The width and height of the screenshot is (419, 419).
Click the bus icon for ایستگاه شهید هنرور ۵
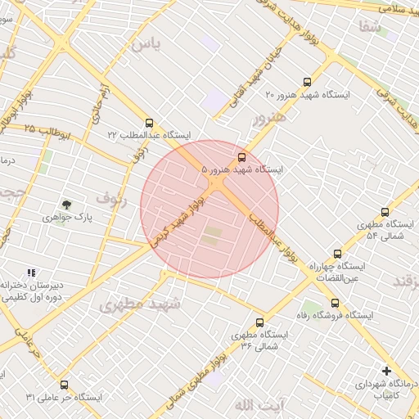(x=241, y=157)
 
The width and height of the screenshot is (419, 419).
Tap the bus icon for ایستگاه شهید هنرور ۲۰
(x=307, y=82)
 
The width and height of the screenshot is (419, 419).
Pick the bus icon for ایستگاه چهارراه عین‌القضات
(x=337, y=255)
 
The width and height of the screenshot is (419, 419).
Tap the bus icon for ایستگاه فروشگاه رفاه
(x=334, y=303)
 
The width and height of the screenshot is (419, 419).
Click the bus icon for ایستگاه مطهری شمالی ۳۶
(x=260, y=322)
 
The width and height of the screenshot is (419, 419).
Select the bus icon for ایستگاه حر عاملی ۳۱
(x=64, y=385)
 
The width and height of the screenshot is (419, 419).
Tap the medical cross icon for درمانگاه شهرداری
(x=386, y=371)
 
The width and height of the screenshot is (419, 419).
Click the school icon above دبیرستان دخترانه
(x=31, y=273)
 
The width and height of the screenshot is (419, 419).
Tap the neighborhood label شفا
(x=368, y=27)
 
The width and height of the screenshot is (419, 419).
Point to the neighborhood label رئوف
(x=112, y=198)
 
